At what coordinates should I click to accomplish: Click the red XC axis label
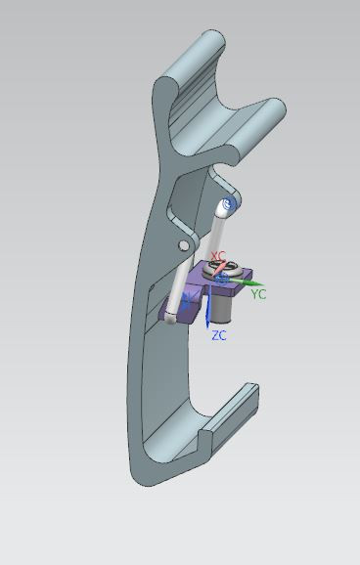(x=219, y=257)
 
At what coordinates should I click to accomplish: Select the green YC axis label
(x=258, y=293)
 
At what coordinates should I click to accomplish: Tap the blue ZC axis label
(x=219, y=335)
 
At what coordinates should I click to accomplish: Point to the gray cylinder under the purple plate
(x=226, y=310)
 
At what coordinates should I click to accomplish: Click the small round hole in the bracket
(x=182, y=243)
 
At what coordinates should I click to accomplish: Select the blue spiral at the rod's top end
(x=230, y=204)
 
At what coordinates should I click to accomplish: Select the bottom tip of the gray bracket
(x=147, y=474)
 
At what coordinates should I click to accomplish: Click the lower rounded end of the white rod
(x=171, y=317)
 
